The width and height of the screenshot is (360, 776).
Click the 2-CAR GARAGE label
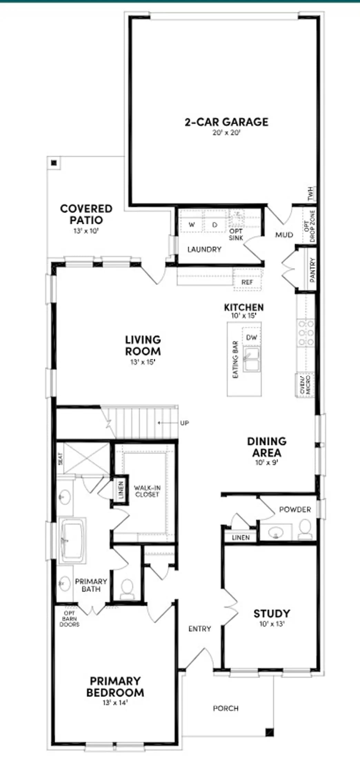[x=227, y=122]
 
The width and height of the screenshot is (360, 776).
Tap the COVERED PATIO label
[x=86, y=214]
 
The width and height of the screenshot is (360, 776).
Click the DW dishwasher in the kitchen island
[x=252, y=337]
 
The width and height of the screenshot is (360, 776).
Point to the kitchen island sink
[x=252, y=359]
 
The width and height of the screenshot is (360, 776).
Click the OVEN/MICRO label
[x=305, y=385]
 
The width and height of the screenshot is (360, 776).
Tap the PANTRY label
[x=312, y=270]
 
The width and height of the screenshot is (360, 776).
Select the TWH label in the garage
[x=311, y=194]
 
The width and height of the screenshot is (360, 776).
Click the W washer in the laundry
[x=192, y=225]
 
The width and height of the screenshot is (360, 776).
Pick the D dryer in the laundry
[x=215, y=225]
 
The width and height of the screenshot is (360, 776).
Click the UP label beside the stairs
[x=184, y=423]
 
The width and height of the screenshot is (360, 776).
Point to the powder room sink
[x=276, y=531]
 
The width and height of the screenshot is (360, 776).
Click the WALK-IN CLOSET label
[x=147, y=491]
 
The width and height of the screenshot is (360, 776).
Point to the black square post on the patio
[x=53, y=163]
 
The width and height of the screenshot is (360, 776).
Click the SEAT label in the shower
[x=61, y=459]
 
